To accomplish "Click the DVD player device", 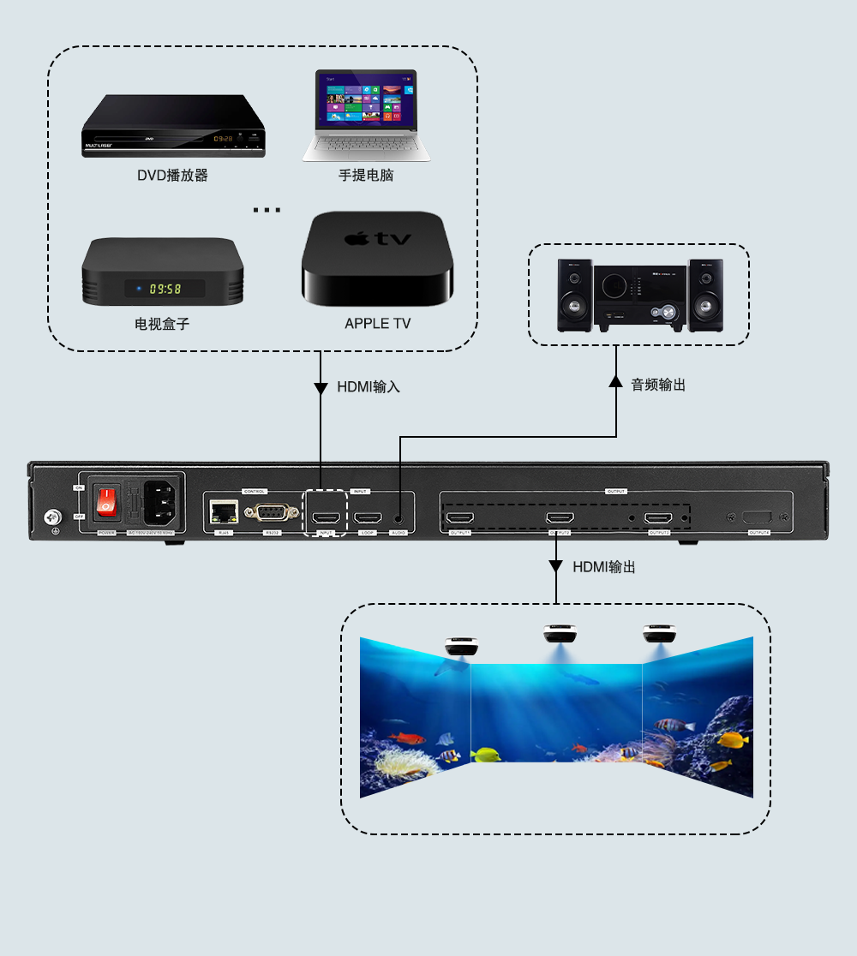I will pos(173,127).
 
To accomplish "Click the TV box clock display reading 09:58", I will pos(165,289).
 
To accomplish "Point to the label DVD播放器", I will pos(172,176).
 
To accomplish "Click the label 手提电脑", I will pos(366,176).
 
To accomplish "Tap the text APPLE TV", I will pos(377,324).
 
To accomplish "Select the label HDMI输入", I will pos(368,387).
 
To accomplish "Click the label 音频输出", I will pos(658,385).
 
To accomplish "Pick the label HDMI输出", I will pos(603,567).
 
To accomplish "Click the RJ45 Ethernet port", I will pos(223,512).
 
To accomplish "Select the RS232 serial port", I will pos(271,513).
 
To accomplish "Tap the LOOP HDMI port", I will pos(369,518).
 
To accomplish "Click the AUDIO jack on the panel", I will pos(399,518).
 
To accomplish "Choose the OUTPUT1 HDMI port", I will pos(461,518).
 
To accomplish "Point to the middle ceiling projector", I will pos(559,635).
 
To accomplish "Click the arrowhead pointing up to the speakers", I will pos(615,380).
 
